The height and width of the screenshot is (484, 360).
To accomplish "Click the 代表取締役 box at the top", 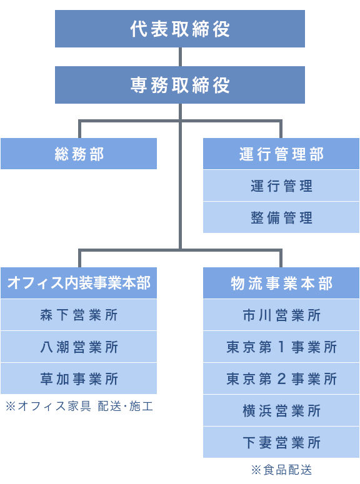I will [180, 29].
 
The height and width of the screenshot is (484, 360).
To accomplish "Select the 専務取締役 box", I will [180, 85].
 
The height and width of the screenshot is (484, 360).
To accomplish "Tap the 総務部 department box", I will [79, 154].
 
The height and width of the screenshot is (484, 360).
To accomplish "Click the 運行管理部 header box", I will [281, 154].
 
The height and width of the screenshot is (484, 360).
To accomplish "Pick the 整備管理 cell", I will [281, 218].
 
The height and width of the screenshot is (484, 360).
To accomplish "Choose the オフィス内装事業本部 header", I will [79, 283].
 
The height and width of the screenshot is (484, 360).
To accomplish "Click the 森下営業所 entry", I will [79, 315].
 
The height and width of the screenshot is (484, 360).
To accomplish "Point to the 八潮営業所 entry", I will [79, 347].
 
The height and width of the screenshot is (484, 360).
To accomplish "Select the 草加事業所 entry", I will [79, 379].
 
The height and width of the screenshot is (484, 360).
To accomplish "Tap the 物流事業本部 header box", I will [281, 283].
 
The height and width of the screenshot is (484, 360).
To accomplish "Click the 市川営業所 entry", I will [281, 315].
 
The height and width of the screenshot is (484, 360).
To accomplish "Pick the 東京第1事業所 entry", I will [281, 347].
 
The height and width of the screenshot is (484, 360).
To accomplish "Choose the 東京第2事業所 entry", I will [281, 379].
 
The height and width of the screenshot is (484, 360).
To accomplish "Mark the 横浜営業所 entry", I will [281, 411].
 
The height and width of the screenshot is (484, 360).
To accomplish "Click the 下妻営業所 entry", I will [281, 443].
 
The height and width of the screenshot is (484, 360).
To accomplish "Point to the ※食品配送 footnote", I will [281, 470].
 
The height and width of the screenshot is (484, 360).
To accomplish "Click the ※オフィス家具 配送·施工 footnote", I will [79, 406].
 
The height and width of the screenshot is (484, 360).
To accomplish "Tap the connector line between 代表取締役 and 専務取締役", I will [180, 57].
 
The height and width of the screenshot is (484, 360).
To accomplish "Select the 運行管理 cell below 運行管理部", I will [281, 186].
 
